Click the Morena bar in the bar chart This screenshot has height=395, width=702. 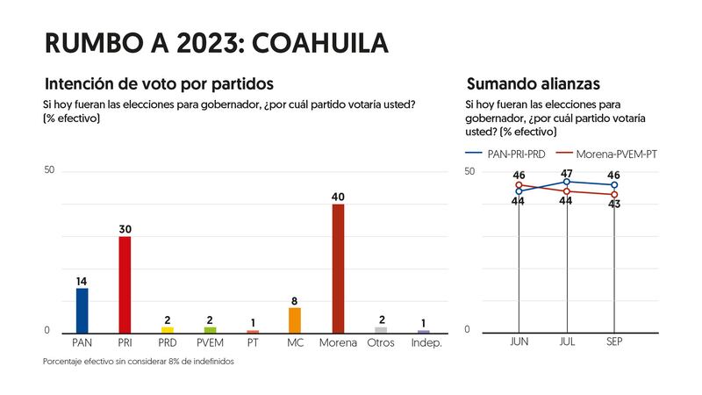(x=338, y=269)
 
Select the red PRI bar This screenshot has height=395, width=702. (x=125, y=285)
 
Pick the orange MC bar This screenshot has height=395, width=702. (x=295, y=320)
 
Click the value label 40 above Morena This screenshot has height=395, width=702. (x=338, y=197)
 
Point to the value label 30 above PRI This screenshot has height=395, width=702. (x=125, y=229)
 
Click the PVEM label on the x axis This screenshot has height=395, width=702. (x=210, y=342)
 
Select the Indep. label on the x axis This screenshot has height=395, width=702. (x=426, y=342)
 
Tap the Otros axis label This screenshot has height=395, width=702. (x=381, y=342)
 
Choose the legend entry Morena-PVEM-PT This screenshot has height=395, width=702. (x=608, y=153)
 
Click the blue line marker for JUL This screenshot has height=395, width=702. (x=567, y=182)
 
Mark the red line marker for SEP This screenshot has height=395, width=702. (x=614, y=194)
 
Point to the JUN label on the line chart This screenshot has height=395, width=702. (x=519, y=341)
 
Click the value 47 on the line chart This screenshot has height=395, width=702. (x=567, y=173)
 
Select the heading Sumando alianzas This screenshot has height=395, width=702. (x=533, y=84)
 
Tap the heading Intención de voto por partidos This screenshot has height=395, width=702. (x=159, y=84)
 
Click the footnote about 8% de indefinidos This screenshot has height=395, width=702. (x=138, y=362)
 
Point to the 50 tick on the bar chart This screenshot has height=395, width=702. (x=49, y=169)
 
